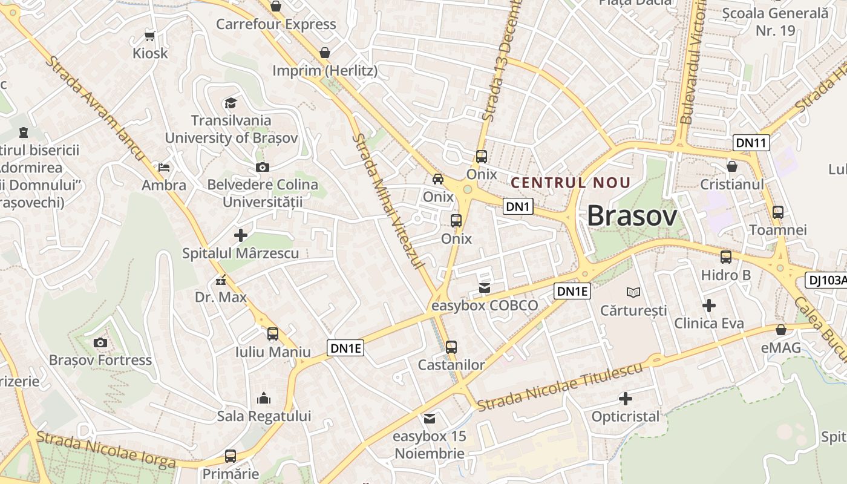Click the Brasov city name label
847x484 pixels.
[632, 216]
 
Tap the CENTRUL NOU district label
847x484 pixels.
[571, 182]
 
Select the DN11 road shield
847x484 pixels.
[751, 143]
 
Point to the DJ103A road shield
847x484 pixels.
[826, 280]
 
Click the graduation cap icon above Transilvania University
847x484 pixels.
[231, 103]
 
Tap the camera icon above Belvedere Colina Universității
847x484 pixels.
[262, 167]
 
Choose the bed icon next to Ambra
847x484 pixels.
[163, 167]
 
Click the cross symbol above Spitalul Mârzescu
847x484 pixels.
[241, 235]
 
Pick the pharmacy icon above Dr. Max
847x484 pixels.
[220, 280]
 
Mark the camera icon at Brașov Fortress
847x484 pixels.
[100, 342]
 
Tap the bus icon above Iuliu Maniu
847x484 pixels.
[273, 333]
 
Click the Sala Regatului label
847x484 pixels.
[264, 416]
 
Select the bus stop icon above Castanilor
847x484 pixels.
[451, 347]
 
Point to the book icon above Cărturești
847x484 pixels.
[633, 293]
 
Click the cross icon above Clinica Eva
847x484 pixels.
[708, 306]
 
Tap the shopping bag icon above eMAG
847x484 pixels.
[781, 330]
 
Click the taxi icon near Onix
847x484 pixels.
[437, 178]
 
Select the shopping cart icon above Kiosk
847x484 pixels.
[150, 36]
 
